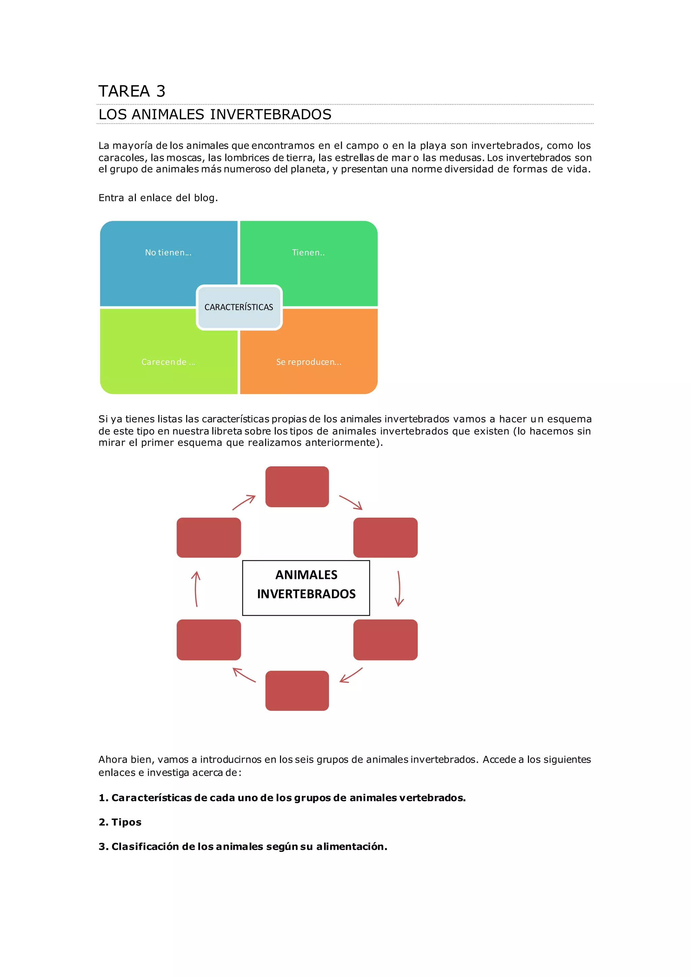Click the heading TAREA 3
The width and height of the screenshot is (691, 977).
click(132, 91)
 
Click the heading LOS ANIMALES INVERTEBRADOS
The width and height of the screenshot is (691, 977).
click(215, 114)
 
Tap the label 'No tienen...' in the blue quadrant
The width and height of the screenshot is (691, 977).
click(168, 252)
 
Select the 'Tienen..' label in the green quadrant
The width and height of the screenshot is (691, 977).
click(308, 252)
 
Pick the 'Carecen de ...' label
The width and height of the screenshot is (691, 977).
click(168, 362)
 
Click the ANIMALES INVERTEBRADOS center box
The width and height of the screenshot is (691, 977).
click(306, 588)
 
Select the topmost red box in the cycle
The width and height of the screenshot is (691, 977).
click(297, 487)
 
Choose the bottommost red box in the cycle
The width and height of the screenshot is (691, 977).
click(297, 691)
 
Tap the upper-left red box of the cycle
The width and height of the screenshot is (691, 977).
click(209, 537)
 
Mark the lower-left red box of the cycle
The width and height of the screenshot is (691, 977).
click(209, 640)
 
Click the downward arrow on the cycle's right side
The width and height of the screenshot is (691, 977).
click(399, 588)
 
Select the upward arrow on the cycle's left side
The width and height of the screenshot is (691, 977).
click(196, 588)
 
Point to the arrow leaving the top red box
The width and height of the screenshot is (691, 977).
click(351, 502)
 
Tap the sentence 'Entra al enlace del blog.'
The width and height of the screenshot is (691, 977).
click(158, 198)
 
